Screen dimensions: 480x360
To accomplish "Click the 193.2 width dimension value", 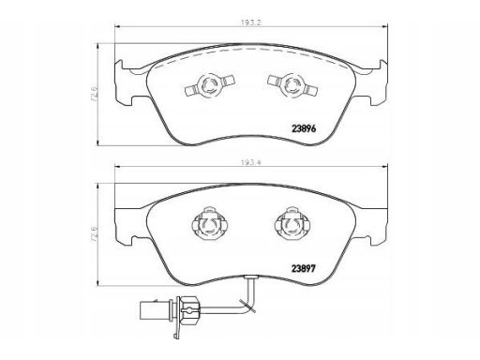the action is pos(251,22).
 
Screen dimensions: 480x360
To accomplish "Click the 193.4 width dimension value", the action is pos(251,162).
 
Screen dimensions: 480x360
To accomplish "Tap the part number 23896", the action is pos(304,128).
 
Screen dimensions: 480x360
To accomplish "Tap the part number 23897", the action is pos(304,268).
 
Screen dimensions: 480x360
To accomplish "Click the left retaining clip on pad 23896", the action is pos(210,84).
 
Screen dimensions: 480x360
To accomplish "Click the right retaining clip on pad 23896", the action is pos(293,84).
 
